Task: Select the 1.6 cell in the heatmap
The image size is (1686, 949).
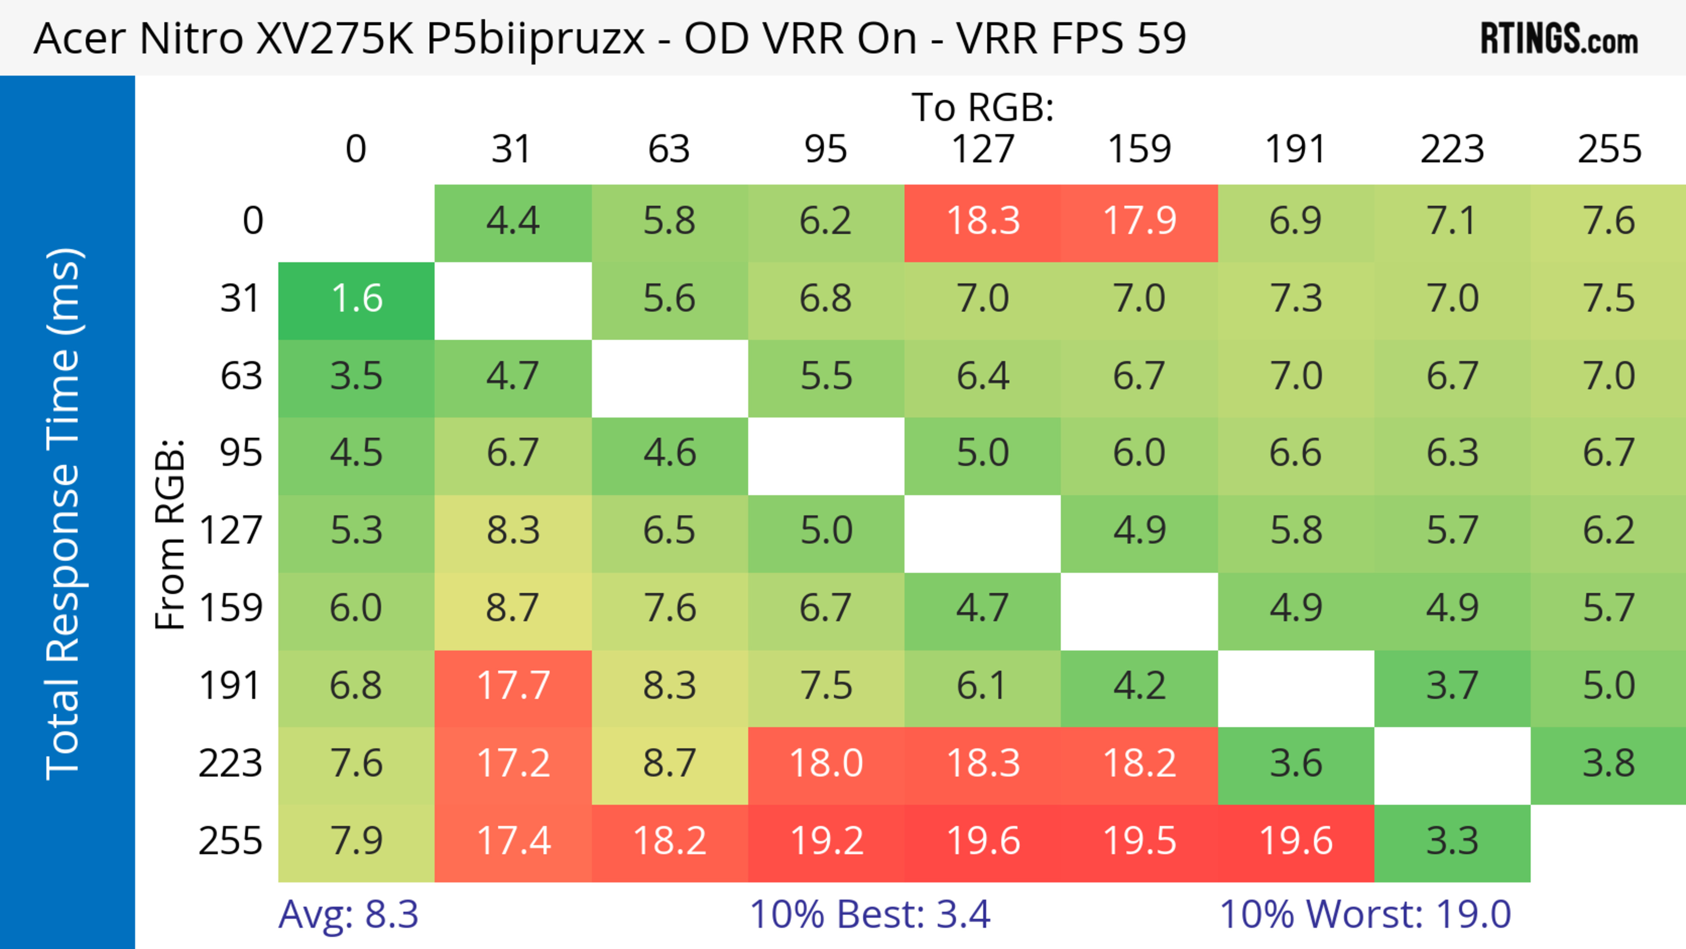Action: pos(357,299)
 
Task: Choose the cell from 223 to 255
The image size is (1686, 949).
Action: pos(1608,764)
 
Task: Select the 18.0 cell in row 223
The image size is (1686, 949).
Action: pos(826,764)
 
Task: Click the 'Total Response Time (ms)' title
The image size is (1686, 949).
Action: pos(64,514)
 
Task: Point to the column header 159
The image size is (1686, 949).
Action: pos(1139,149)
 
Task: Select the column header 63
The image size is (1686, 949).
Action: pos(669,149)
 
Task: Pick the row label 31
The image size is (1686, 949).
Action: pos(241,299)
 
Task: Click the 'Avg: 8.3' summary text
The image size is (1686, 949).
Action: pos(348,914)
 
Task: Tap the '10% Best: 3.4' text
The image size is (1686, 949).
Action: pos(869,914)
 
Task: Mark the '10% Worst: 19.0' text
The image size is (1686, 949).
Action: pos(1365,914)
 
